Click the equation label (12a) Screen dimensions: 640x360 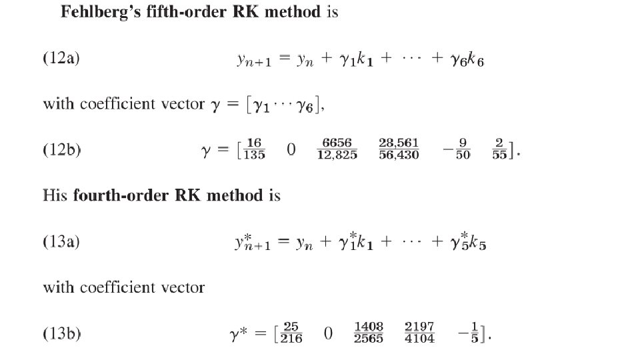click(62, 59)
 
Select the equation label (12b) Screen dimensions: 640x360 click(62, 150)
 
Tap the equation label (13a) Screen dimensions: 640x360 click(62, 242)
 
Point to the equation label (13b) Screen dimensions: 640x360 click(62, 333)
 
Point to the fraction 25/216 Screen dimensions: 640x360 click(291, 333)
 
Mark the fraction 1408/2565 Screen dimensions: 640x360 click(368, 333)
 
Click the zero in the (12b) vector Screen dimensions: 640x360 click(291, 151)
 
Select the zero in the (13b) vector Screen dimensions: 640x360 click(328, 333)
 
